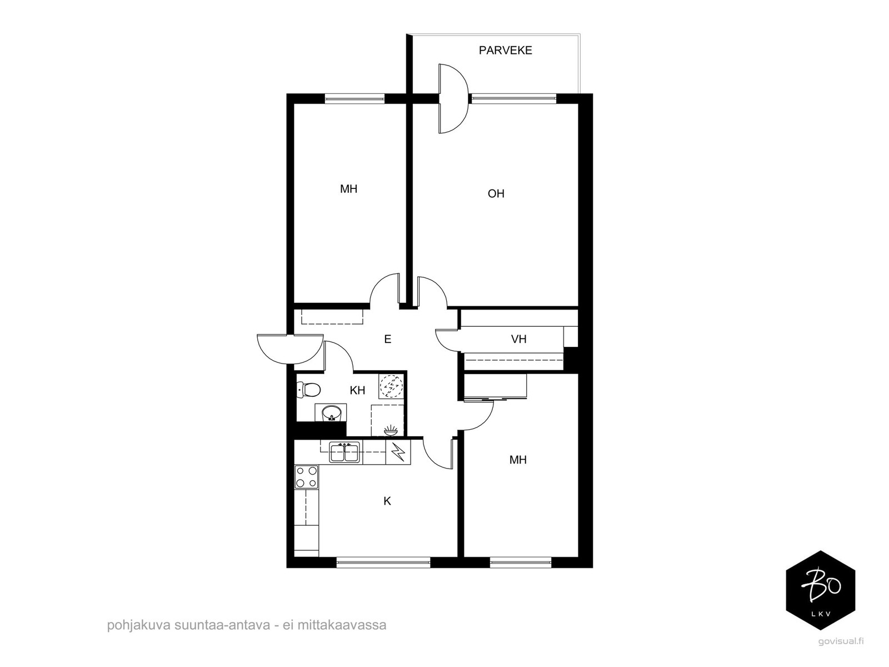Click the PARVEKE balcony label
(x=505, y=50)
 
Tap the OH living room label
(x=496, y=193)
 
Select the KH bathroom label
(x=357, y=390)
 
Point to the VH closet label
(x=518, y=339)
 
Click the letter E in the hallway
(x=388, y=339)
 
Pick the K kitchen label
(x=387, y=501)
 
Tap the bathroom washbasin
(x=331, y=413)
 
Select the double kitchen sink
(x=344, y=452)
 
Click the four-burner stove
(x=306, y=477)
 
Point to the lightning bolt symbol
(x=398, y=452)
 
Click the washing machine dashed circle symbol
(x=391, y=386)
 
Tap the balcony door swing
(x=453, y=98)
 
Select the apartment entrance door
(x=290, y=349)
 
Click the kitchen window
(x=383, y=562)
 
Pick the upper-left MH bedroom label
(x=348, y=189)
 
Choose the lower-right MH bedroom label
(x=518, y=460)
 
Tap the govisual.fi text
(x=840, y=653)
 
